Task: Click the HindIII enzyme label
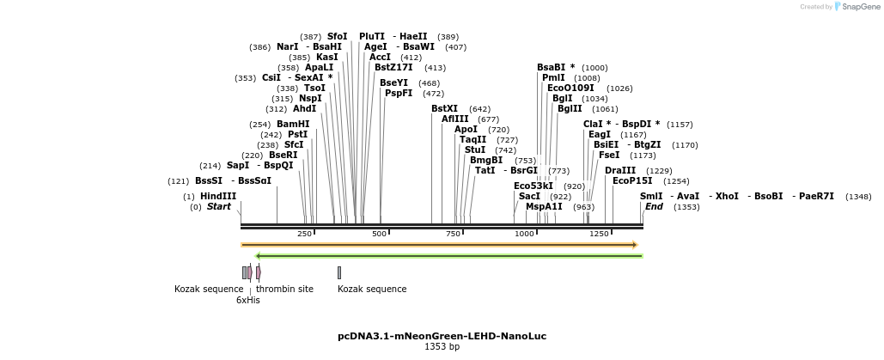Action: pyautogui.click(x=218, y=196)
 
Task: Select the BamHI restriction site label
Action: pyautogui.click(x=293, y=124)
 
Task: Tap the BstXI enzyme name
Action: pyautogui.click(x=445, y=108)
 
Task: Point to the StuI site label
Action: pyautogui.click(x=475, y=149)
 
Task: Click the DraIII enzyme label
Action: pyautogui.click(x=619, y=170)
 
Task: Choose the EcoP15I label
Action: pyautogui.click(x=632, y=180)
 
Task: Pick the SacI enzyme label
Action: pyautogui.click(x=529, y=196)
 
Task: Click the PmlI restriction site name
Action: pyautogui.click(x=553, y=77)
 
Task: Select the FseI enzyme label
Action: pyautogui.click(x=609, y=155)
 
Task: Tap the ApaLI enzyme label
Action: pyautogui.click(x=320, y=67)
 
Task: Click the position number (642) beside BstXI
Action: pyautogui.click(x=479, y=109)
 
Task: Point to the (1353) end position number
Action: pyautogui.click(x=686, y=207)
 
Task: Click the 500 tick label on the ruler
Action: pyautogui.click(x=379, y=234)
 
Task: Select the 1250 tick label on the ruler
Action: pyautogui.click(x=599, y=234)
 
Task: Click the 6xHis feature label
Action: pyautogui.click(x=248, y=301)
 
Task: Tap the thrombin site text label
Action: pyautogui.click(x=284, y=290)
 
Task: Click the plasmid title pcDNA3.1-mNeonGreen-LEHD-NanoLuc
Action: pyautogui.click(x=442, y=336)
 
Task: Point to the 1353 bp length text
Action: pyautogui.click(x=442, y=347)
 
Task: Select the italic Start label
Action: pyautogui.click(x=219, y=206)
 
